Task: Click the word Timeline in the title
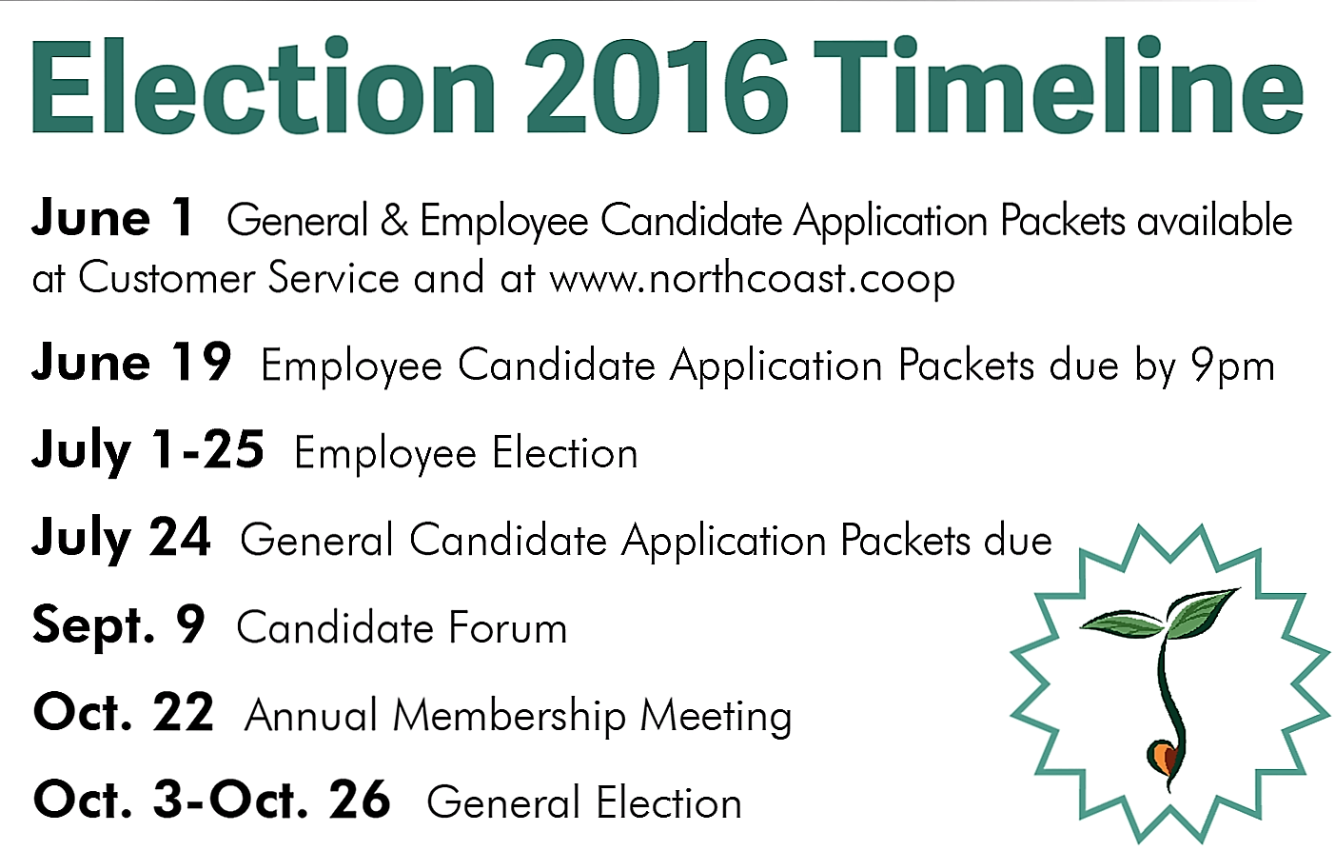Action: (1058, 86)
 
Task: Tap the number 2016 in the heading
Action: (657, 86)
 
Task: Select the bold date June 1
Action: (112, 219)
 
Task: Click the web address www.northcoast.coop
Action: (752, 279)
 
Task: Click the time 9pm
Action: (1233, 366)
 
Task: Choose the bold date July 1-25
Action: (147, 450)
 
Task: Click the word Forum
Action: (508, 627)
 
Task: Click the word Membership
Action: (510, 715)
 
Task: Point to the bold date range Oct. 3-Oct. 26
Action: (212, 799)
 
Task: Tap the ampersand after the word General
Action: (394, 220)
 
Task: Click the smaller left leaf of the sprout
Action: (1121, 624)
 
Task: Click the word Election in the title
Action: (264, 86)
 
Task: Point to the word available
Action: (1214, 220)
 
